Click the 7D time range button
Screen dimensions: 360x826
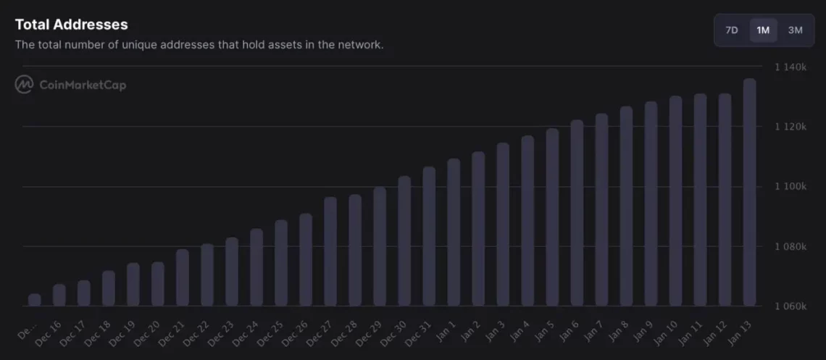pos(732,30)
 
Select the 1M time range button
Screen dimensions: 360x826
pos(763,30)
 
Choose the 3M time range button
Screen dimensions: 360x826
pos(795,30)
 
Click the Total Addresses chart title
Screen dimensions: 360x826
pos(71,25)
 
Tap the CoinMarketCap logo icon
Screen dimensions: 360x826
pos(25,85)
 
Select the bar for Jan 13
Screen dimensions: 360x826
pos(749,193)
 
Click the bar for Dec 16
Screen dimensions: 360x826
pos(59,295)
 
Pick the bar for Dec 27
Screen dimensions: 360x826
pos(330,251)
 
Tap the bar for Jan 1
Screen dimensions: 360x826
pos(454,233)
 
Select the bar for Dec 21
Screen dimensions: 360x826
pos(183,277)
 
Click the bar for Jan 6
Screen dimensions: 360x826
pos(577,213)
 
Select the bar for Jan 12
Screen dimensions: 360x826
pos(725,200)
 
